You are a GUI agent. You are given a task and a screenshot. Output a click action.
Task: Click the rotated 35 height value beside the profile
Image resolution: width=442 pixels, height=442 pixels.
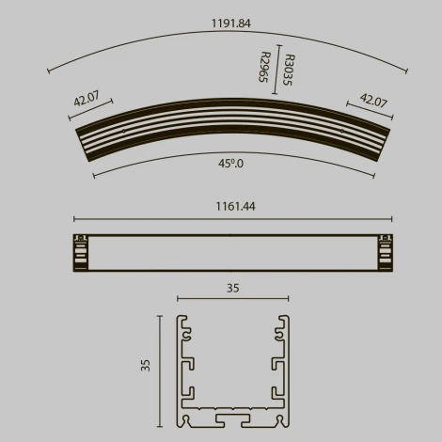click(146, 365)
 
